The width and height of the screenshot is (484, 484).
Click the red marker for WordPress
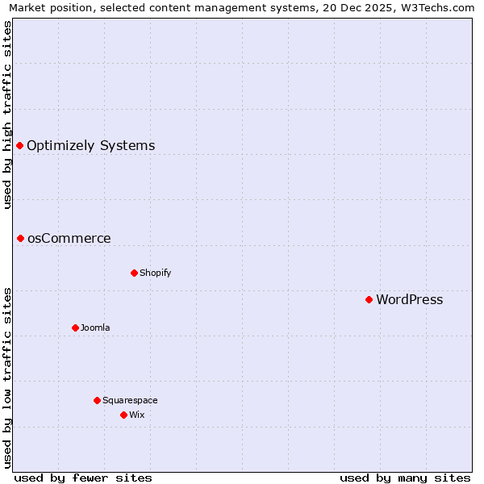click(x=369, y=299)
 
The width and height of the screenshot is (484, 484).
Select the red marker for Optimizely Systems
click(x=19, y=145)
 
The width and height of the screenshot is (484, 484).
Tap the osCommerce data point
click(x=20, y=238)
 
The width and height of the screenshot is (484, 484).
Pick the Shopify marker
click(x=134, y=273)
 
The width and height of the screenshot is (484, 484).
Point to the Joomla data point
click(x=75, y=328)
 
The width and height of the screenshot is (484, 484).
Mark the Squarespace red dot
click(x=97, y=400)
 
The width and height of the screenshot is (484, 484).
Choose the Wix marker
click(x=123, y=415)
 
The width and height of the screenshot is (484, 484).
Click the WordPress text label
click(x=409, y=300)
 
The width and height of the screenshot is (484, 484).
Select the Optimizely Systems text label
click(x=90, y=146)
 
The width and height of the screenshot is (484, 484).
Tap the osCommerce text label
click(x=69, y=239)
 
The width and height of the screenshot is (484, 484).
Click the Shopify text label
click(x=155, y=273)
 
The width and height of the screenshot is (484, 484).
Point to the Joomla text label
click(x=95, y=328)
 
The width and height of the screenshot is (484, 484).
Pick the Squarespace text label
click(x=130, y=400)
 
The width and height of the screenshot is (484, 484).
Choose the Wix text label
click(x=136, y=415)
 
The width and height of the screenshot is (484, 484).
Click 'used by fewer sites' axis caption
click(x=83, y=478)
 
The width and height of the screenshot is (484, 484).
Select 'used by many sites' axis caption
click(x=405, y=478)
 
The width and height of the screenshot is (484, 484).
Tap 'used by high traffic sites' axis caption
click(x=7, y=115)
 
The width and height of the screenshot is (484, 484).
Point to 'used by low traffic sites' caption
click(x=7, y=377)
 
